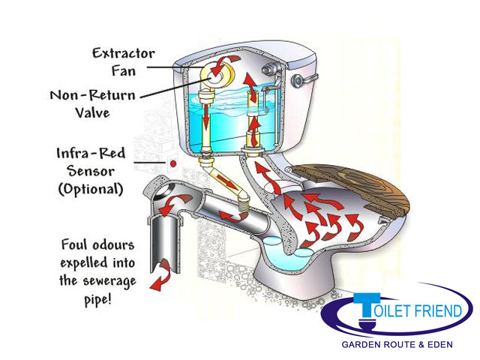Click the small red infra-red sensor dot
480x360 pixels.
172,162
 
